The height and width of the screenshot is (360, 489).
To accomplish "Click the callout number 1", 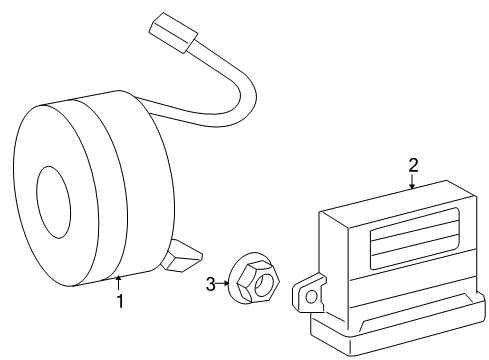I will pyautogui.click(x=120, y=300).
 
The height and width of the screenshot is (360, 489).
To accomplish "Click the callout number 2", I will pyautogui.click(x=412, y=164).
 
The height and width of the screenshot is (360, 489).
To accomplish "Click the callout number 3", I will pyautogui.click(x=211, y=284).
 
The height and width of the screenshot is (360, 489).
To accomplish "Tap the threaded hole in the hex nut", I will pyautogui.click(x=264, y=290).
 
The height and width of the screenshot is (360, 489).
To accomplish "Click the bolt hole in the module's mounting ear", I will pyautogui.click(x=311, y=296).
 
